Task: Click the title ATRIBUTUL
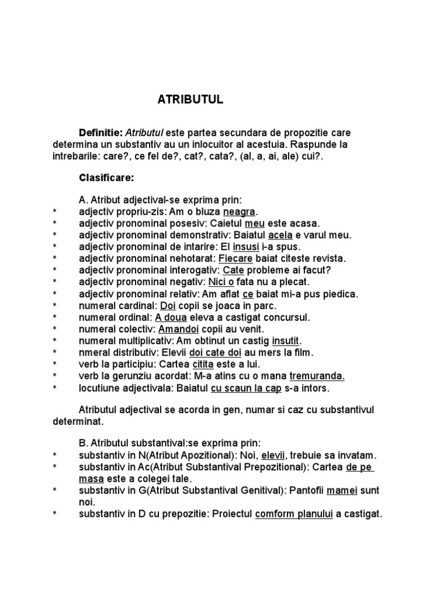190,100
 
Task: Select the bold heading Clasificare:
107,178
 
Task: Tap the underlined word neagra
239,211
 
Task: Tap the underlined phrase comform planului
294,514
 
